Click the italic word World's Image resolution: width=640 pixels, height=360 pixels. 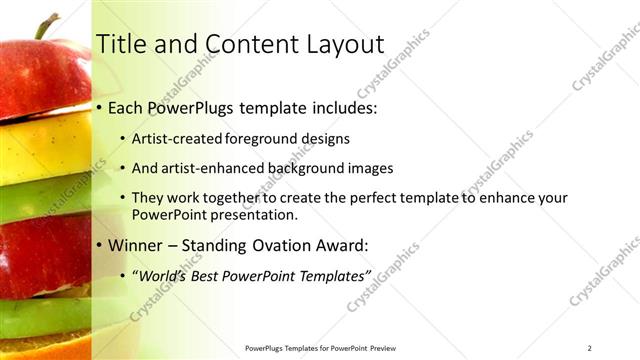pyautogui.click(x=170, y=275)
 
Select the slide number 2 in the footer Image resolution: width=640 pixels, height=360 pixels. pyautogui.click(x=590, y=348)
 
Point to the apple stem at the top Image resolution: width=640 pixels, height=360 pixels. pyautogui.click(x=43, y=24)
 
